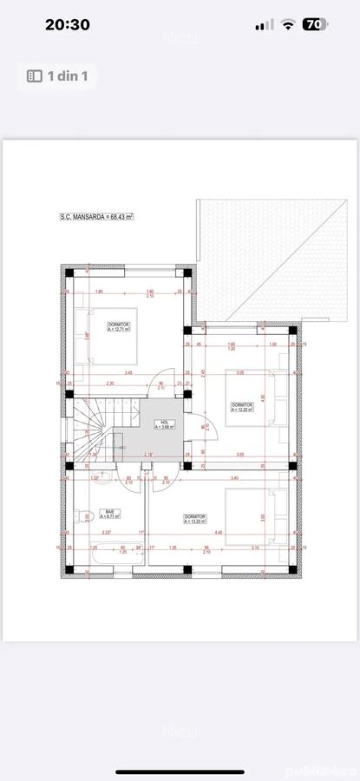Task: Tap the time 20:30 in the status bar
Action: [67, 25]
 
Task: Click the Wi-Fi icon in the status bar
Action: [287, 25]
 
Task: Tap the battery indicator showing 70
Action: [315, 25]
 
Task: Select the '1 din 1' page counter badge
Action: [59, 76]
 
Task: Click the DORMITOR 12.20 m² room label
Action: [242, 407]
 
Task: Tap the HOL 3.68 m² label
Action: [165, 423]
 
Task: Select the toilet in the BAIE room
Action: [82, 517]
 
